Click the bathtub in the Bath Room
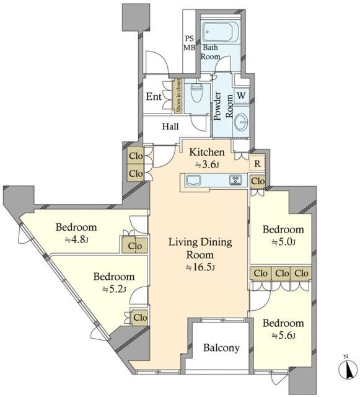(x=221, y=32)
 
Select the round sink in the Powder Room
(x=242, y=122)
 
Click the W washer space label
(x=242, y=96)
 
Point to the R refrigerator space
(x=257, y=164)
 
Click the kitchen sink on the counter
(x=193, y=180)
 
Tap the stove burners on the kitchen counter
(x=235, y=180)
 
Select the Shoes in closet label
(x=178, y=96)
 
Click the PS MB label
(x=189, y=43)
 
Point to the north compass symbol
(x=349, y=368)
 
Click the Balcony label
(x=221, y=348)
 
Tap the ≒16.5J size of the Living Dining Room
(x=200, y=267)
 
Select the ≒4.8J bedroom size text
(x=76, y=239)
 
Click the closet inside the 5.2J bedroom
(x=139, y=317)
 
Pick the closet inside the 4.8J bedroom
(x=134, y=246)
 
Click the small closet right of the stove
(x=258, y=181)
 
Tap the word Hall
(x=170, y=126)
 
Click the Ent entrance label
(x=154, y=97)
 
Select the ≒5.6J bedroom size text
(x=283, y=336)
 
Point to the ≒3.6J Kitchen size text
(x=207, y=165)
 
